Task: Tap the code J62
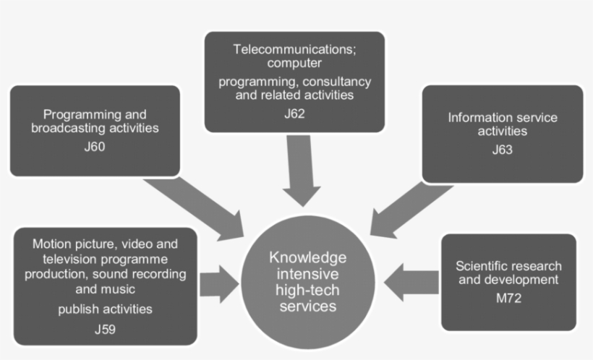click(295, 113)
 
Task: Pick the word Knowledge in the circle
click(308, 257)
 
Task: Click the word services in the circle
click(308, 306)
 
